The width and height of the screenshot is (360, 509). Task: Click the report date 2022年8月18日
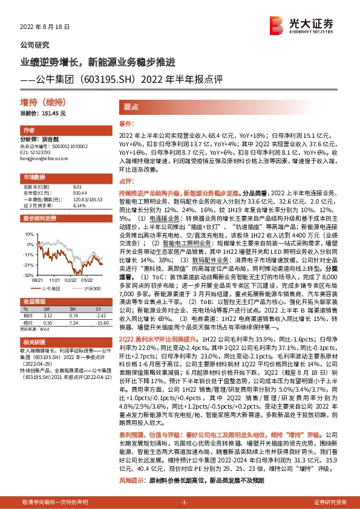[x=45, y=28]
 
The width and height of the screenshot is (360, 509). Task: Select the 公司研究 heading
[x=35, y=45]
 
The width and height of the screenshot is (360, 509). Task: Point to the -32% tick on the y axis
[x=28, y=274]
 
